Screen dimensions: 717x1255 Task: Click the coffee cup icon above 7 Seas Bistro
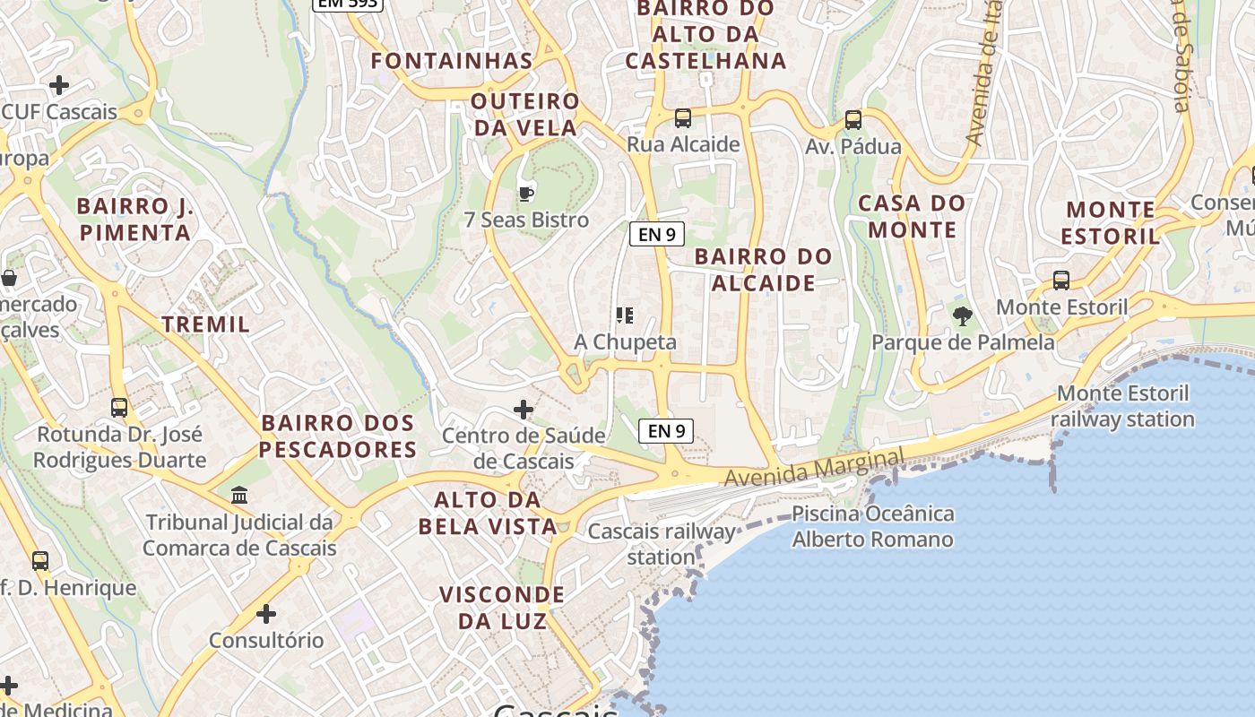[526, 193]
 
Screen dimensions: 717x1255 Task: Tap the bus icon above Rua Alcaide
[683, 117]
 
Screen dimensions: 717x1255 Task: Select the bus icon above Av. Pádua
[853, 119]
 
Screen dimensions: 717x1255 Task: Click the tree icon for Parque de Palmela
[963, 315]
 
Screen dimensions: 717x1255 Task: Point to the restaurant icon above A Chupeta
[625, 315]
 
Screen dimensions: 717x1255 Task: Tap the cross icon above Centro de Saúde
[524, 410]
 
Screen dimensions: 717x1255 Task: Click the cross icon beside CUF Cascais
[59, 85]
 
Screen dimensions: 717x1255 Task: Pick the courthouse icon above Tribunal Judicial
[239, 495]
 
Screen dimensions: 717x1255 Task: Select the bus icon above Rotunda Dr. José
[119, 407]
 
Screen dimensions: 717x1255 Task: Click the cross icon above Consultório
[266, 614]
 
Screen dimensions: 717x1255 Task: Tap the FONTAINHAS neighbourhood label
[452, 61]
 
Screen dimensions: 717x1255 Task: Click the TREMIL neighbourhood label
[206, 324]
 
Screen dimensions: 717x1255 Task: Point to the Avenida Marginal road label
[813, 469]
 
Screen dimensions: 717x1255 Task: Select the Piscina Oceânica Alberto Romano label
[873, 527]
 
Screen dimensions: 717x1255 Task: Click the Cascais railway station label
[662, 544]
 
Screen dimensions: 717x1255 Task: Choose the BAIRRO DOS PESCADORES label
[339, 436]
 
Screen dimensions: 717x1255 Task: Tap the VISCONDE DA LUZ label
[502, 608]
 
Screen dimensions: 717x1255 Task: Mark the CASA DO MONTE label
[913, 216]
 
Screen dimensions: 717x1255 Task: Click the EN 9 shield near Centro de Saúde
[666, 431]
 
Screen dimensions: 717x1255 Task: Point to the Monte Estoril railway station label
[1122, 406]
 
